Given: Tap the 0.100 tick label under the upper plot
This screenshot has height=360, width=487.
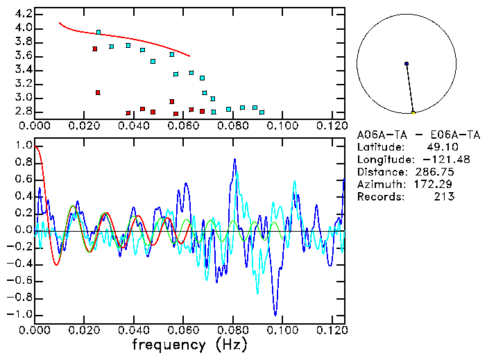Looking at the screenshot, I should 282,126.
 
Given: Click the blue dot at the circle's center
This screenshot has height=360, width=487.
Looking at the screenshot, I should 407,64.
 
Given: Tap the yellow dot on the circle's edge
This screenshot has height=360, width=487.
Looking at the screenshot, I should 413,112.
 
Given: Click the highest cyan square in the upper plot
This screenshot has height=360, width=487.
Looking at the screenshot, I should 99,33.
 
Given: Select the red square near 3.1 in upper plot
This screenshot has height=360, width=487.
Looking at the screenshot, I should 98,92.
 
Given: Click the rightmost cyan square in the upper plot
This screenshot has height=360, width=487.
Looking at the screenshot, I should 262,112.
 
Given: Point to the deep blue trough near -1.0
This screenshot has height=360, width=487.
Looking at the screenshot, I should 275,314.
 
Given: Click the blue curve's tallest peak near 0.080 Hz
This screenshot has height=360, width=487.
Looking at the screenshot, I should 234,160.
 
